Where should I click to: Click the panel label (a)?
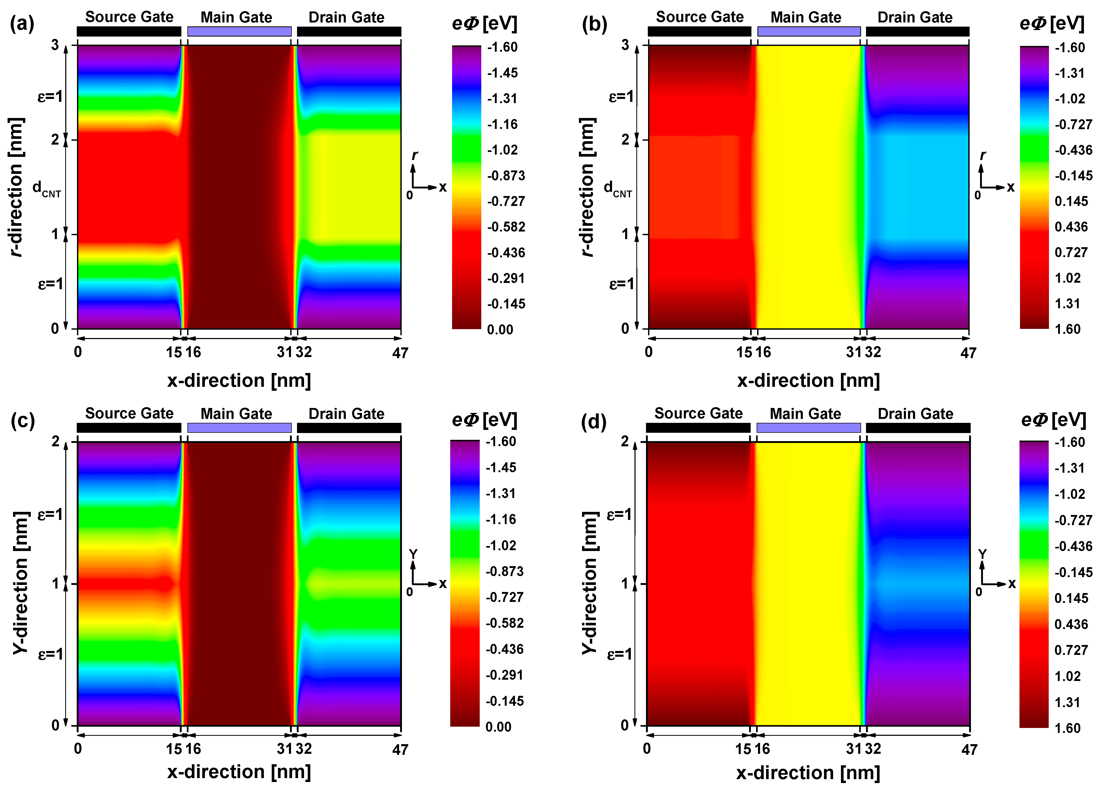click(22, 23)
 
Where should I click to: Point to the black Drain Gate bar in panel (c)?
click(349, 428)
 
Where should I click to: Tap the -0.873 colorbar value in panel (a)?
click(506, 176)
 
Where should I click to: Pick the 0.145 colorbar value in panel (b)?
click(1071, 201)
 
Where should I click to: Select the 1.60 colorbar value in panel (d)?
click(1067, 728)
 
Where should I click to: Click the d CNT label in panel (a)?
click(46, 188)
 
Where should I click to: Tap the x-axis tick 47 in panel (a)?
click(400, 353)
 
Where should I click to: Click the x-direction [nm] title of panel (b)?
click(808, 380)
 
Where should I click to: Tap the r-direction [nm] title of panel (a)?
click(16, 187)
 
